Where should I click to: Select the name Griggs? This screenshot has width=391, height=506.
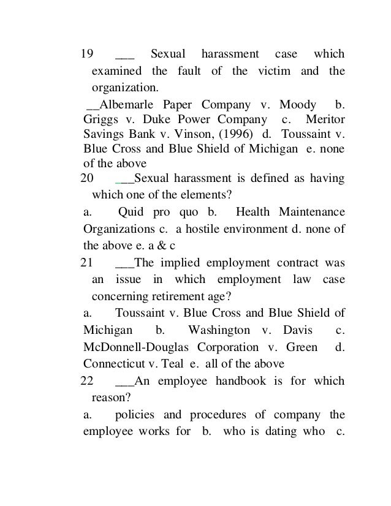pos(98,118)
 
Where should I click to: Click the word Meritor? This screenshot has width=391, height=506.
pos(324,118)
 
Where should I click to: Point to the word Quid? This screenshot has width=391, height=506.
pos(130,212)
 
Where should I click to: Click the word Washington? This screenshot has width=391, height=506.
pos(219,330)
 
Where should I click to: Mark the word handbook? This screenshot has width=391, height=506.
pos(236,380)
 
